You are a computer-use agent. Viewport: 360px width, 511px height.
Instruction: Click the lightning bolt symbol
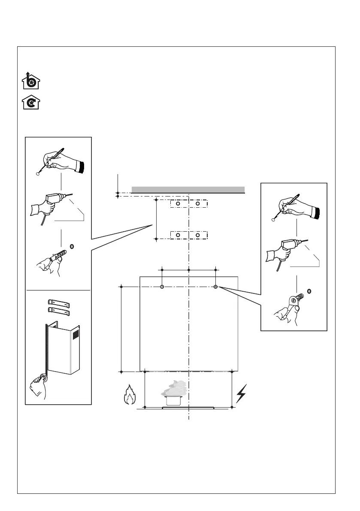pos(242,393)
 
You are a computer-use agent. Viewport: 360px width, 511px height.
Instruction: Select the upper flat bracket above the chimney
pos(58,302)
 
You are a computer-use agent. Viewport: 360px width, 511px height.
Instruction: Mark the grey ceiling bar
pos(188,190)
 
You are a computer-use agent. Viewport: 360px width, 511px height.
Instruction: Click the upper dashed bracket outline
pos(189,204)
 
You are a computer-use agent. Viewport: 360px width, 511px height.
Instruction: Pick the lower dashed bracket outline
pos(189,235)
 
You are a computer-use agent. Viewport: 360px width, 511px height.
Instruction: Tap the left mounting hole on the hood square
pos(162,287)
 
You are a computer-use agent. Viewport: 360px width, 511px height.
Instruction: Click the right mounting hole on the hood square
pos(216,287)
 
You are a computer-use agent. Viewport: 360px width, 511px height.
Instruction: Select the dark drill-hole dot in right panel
pos(310,290)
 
